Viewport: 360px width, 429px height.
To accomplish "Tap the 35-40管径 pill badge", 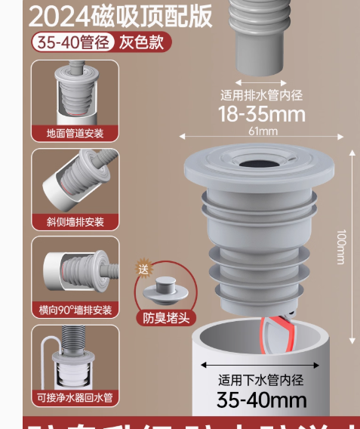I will click(x=71, y=42).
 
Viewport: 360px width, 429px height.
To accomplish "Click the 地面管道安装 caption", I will click(x=75, y=134).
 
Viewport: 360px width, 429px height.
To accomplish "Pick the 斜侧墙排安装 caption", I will click(x=75, y=222).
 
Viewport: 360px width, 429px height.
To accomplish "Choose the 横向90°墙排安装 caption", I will click(x=75, y=310).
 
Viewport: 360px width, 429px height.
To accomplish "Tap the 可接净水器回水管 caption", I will click(x=75, y=397).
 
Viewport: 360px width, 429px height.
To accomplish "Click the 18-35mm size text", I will click(x=262, y=113).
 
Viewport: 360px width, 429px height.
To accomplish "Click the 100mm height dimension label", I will click(x=340, y=246).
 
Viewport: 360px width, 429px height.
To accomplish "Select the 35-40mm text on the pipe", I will click(x=261, y=399).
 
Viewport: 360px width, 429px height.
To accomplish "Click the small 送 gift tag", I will click(x=143, y=268).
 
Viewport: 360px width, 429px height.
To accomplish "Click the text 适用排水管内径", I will click(x=261, y=95).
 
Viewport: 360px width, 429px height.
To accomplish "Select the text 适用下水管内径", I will click(x=261, y=381).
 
